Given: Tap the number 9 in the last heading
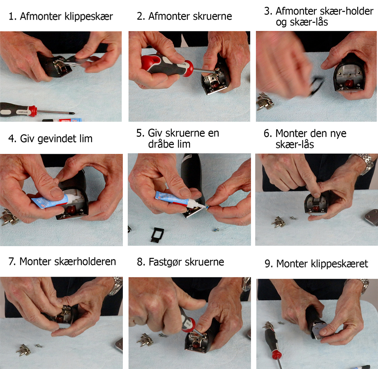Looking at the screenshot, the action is coord(268,264).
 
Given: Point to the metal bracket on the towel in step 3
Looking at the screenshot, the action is coord(265,101).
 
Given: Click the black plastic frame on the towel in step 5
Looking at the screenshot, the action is coord(157,234).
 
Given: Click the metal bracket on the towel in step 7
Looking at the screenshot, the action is coord(24,350).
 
